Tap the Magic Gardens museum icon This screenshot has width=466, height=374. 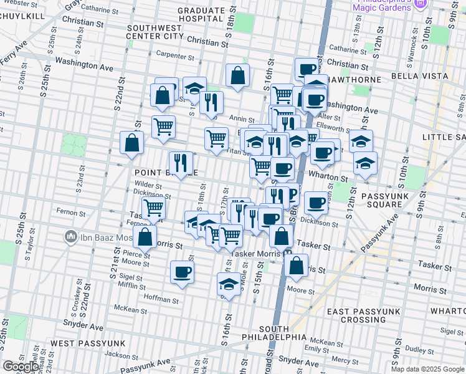420,4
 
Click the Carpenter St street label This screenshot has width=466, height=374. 176,55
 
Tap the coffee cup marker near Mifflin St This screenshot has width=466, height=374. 182,272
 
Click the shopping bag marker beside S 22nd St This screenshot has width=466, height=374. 132,143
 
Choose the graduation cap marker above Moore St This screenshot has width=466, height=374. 229,284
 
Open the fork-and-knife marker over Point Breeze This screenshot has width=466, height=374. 181,163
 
